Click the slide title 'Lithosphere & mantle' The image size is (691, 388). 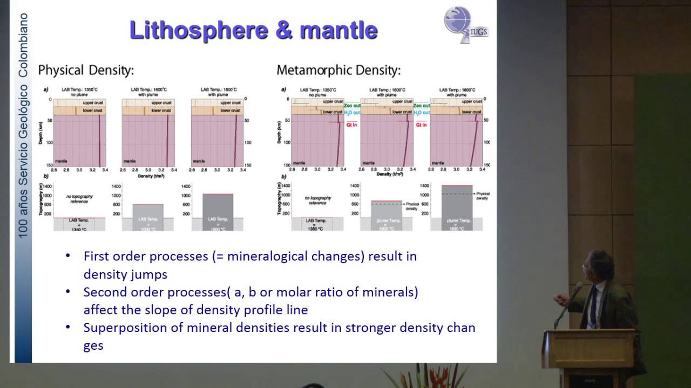click(x=253, y=30)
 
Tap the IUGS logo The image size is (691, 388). click(x=465, y=24)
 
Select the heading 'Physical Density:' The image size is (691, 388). click(x=86, y=70)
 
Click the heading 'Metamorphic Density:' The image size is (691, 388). click(x=338, y=70)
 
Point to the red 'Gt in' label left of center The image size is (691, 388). click(x=351, y=125)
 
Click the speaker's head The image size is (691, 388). click(x=598, y=265)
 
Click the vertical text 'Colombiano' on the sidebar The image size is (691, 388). click(x=23, y=46)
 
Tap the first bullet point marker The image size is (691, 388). click(x=68, y=256)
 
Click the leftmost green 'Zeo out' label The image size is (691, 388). click(x=352, y=106)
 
